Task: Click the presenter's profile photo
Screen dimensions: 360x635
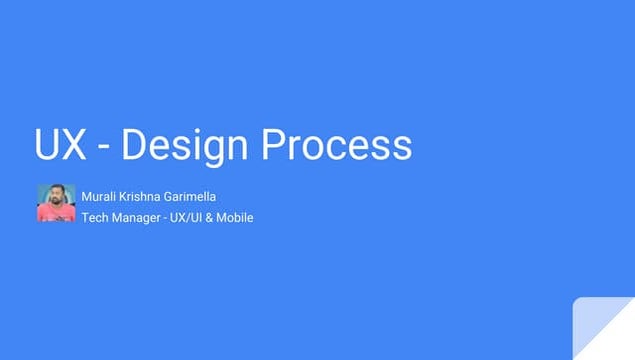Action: pos(56,203)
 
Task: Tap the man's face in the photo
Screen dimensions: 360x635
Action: pos(56,196)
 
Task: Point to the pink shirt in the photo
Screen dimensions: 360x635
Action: pos(56,214)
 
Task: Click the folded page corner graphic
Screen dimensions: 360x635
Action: pos(603,329)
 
